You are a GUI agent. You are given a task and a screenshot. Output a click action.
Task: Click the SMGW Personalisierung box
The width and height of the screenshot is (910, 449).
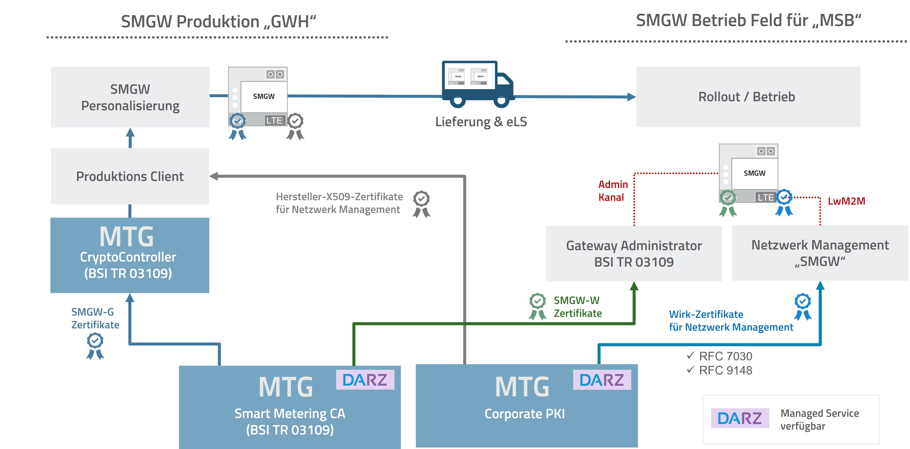coord(130,97)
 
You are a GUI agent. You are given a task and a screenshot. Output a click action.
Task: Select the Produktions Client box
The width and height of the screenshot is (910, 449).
coord(130,176)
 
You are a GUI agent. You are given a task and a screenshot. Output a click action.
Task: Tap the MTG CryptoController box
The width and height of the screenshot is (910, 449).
coord(130,255)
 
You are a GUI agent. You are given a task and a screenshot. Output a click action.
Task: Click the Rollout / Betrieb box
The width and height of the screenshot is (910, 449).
coord(748,97)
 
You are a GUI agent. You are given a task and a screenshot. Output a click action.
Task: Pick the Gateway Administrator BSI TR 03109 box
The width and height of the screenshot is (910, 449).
coord(634,254)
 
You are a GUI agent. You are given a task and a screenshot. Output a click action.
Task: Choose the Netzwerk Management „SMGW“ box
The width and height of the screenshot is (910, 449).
coord(820,253)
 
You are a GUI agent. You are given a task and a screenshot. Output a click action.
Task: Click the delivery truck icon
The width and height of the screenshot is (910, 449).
coord(477,84)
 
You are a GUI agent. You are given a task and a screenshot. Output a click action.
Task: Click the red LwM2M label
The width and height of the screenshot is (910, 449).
coord(846,201)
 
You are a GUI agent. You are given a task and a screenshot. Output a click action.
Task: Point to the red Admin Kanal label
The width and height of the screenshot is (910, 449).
coord(613,191)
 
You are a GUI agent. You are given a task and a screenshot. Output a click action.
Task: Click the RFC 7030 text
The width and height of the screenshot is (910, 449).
coord(725,356)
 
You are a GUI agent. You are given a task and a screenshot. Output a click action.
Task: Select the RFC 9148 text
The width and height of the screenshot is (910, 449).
coord(725,370)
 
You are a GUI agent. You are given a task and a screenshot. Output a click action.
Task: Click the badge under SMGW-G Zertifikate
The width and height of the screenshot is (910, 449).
coord(95,346)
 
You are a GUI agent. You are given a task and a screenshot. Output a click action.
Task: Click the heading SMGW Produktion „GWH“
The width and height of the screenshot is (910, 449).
coord(218,22)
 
